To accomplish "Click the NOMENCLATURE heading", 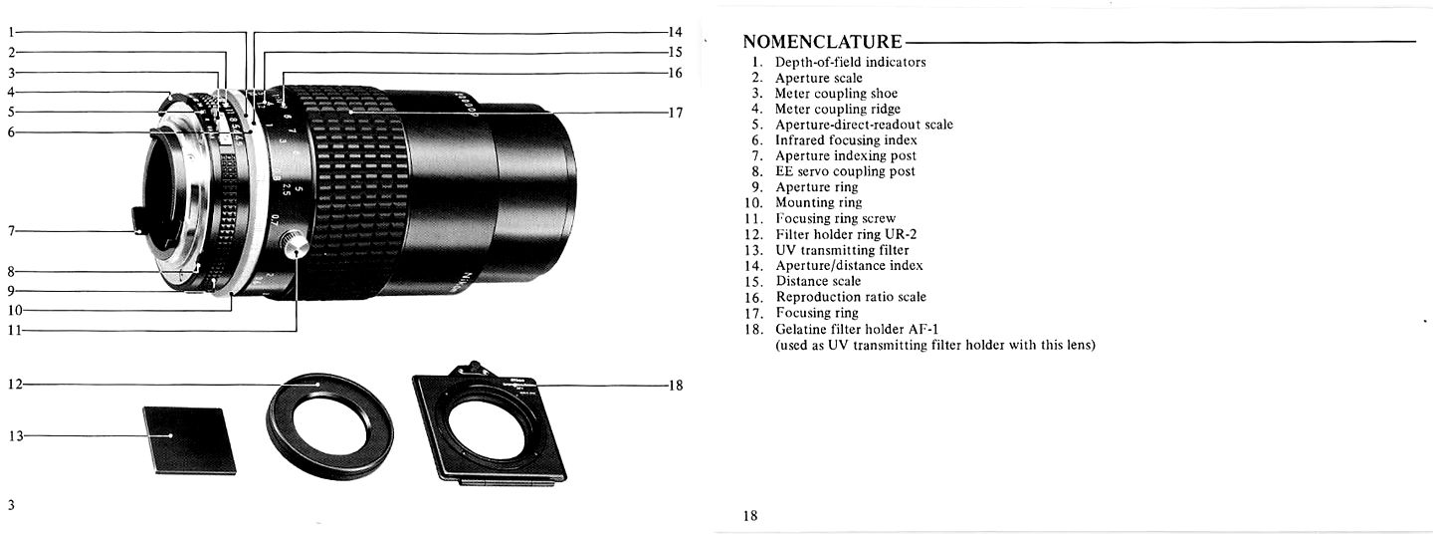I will (x=822, y=42).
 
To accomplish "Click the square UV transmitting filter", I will (x=189, y=439).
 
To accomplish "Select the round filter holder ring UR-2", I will (x=329, y=425).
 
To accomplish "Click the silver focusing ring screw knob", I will (x=295, y=244).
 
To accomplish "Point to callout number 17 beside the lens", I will (x=675, y=113).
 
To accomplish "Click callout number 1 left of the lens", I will (x=11, y=32).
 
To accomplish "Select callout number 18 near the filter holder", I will (x=675, y=386).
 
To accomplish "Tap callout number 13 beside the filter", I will (x=14, y=435).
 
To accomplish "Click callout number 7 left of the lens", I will (x=11, y=231).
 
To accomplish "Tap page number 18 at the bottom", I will (x=750, y=516).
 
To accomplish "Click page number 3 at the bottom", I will (x=11, y=504).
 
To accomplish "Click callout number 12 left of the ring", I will (x=14, y=385).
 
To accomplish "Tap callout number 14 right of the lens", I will (x=675, y=32).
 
